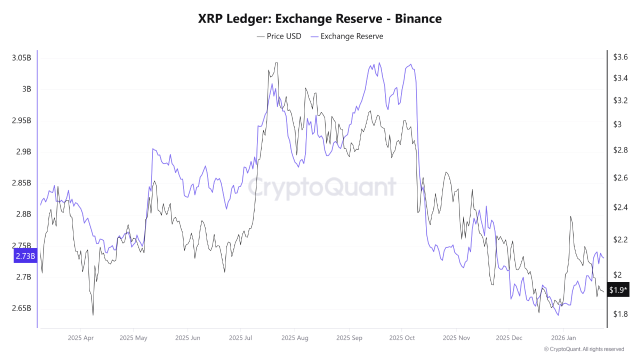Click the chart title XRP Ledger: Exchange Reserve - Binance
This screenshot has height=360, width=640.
coord(320,19)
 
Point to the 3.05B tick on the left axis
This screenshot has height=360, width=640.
coord(21,58)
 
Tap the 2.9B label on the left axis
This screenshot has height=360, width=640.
coord(23,152)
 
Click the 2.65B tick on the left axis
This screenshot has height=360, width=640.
coord(21,308)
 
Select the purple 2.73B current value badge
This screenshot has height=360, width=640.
coord(25,256)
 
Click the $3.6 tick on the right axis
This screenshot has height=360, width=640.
coord(620,57)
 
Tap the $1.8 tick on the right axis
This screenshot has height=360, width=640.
coord(620,314)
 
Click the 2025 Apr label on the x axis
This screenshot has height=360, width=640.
coord(80,338)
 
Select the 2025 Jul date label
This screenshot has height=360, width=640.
coord(240,338)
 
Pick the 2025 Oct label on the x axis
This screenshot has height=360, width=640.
coord(402,338)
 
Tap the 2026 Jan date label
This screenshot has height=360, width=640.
coord(563,338)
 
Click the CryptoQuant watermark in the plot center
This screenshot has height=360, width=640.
coord(322,187)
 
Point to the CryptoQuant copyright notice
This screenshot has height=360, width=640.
coord(583,349)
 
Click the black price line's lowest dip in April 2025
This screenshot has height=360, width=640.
coord(93,315)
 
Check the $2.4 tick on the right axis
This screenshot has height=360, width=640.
coord(620,207)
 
